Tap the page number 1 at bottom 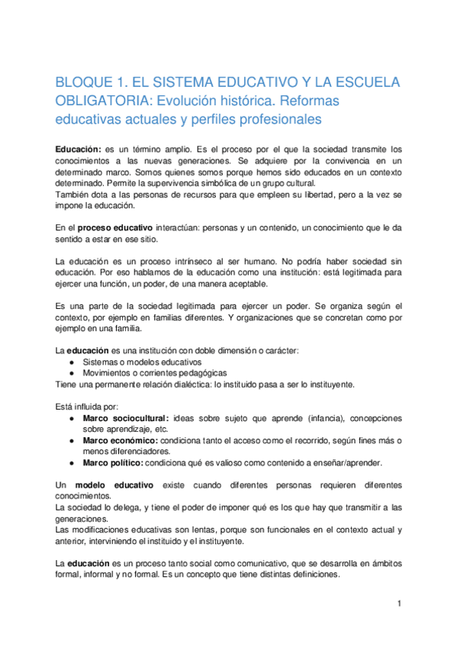tap(398, 604)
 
